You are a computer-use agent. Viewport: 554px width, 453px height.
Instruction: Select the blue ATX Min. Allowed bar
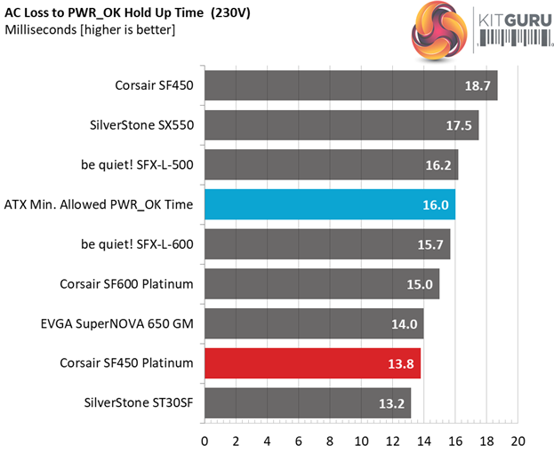click(330, 204)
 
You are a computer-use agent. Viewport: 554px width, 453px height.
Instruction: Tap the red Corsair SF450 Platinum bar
click(312, 362)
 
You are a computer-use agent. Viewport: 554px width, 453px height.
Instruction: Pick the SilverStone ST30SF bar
click(308, 402)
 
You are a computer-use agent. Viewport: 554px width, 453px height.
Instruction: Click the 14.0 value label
click(405, 323)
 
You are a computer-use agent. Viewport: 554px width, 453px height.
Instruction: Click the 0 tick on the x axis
click(205, 441)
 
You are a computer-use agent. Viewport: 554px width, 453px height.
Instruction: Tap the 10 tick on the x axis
click(361, 441)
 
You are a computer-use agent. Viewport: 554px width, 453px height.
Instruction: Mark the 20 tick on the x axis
click(518, 441)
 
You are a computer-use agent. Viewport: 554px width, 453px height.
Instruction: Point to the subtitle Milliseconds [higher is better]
click(90, 31)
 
